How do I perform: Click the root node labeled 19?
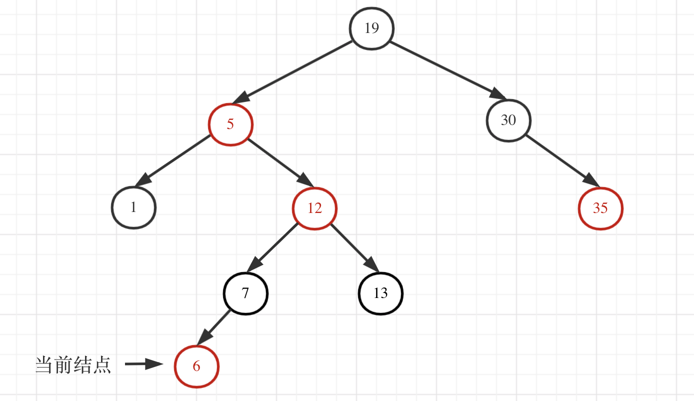371,28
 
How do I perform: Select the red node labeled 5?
230,124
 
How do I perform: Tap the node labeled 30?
508,120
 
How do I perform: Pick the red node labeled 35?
600,208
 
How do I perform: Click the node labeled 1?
133,207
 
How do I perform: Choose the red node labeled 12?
314,208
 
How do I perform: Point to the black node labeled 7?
245,293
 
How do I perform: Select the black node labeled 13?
380,293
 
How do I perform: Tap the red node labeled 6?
196,366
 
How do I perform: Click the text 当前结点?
73,365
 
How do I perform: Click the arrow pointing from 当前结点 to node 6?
144,364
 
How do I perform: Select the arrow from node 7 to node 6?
213,327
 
